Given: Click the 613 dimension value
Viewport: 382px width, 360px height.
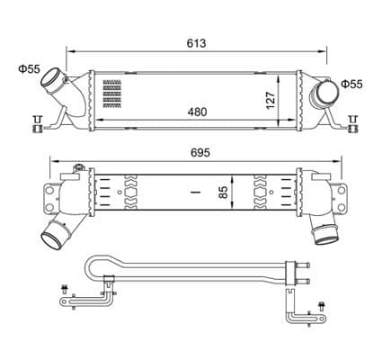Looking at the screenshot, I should coord(197,42).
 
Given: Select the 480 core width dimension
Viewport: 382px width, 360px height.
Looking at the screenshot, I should coord(197,112).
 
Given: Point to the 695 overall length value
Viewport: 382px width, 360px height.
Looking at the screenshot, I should coord(200,153).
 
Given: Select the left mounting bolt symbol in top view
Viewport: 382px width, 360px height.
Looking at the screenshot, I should coord(38,122).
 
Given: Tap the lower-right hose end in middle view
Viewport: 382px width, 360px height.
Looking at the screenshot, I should coord(324,238).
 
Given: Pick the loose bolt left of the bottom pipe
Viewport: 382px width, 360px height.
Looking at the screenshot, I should coord(66,289).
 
